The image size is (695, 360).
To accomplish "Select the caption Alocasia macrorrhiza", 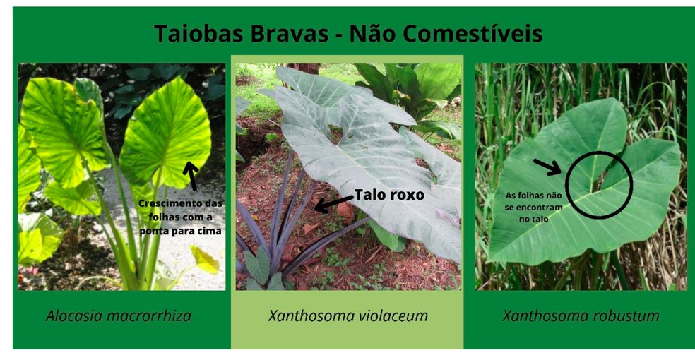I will coord(119,316).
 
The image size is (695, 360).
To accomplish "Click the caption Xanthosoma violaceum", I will coord(347,316).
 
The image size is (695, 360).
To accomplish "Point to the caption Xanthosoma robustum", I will coord(581,316).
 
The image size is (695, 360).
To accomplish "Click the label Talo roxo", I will coord(389,195).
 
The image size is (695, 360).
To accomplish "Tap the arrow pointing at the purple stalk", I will coord(332,204).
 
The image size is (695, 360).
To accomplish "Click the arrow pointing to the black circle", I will coord(547,167).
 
